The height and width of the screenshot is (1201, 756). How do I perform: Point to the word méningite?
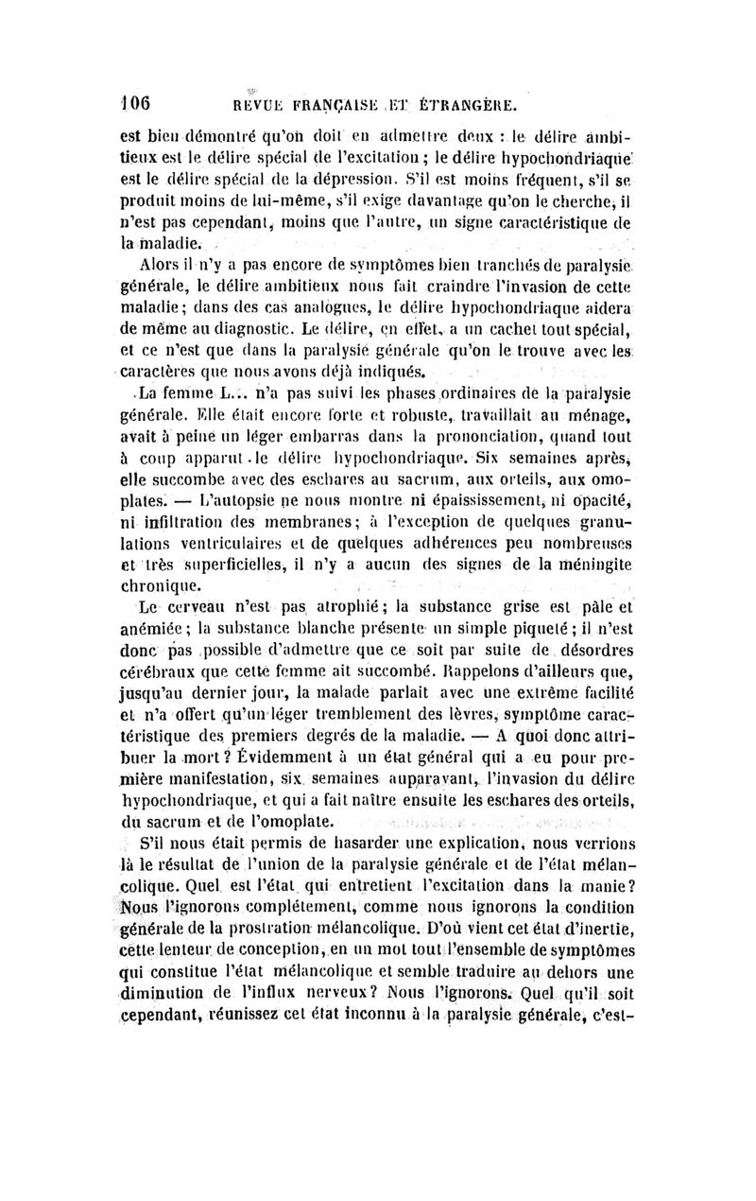[589, 566]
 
